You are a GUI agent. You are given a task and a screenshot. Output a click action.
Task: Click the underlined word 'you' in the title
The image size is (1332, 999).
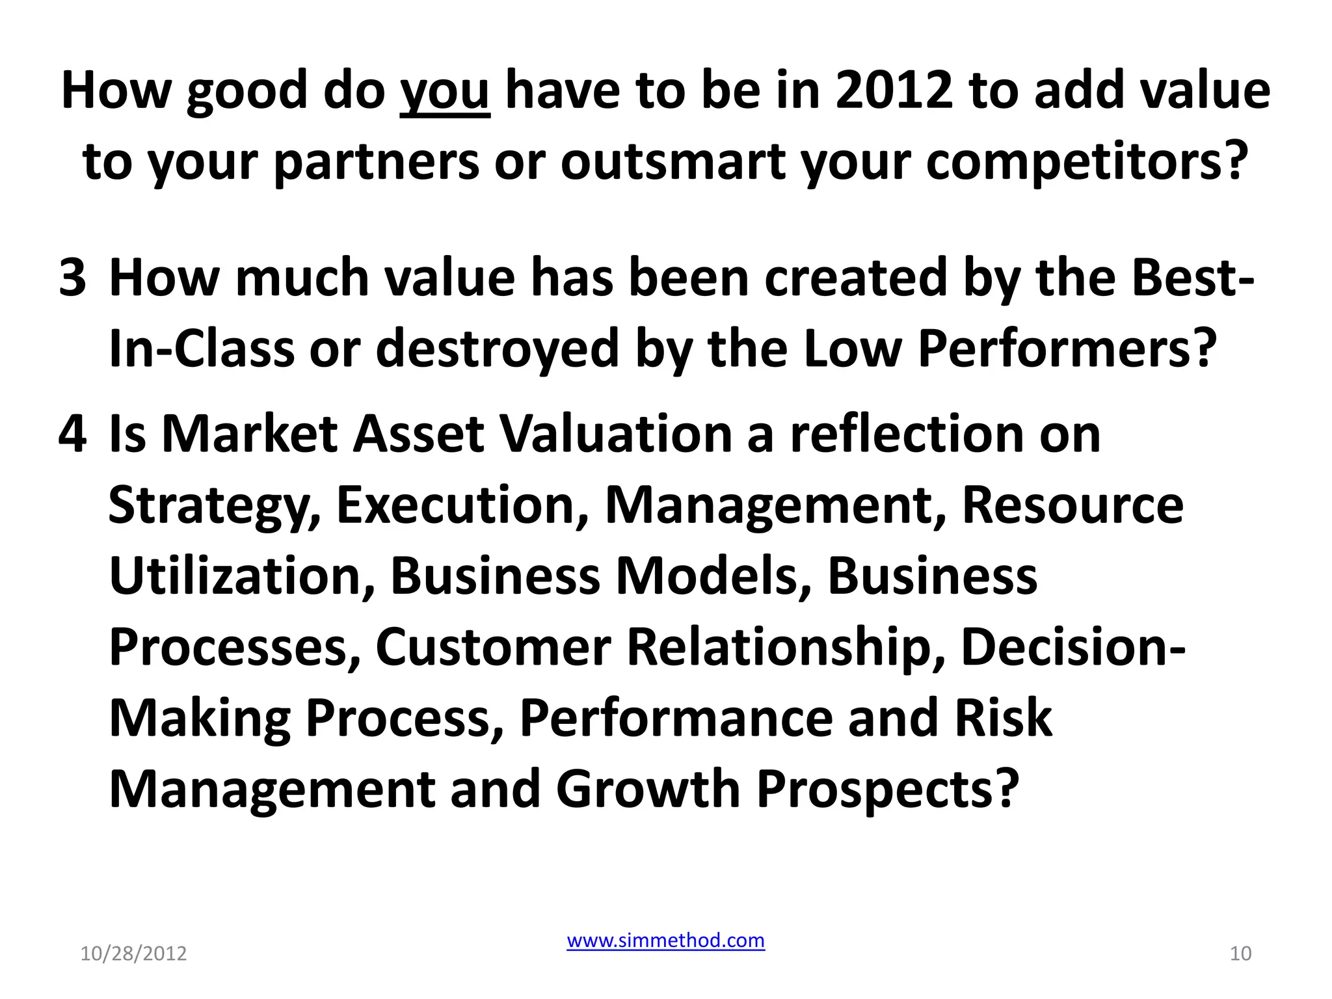(x=444, y=91)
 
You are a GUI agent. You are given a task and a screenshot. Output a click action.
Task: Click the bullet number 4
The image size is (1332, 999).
(x=72, y=434)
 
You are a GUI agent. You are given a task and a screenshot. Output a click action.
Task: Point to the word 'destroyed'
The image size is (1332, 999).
(x=497, y=349)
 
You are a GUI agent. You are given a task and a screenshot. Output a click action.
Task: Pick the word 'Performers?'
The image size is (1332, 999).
(x=1067, y=349)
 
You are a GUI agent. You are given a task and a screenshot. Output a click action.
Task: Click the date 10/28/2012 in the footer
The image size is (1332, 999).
(x=133, y=953)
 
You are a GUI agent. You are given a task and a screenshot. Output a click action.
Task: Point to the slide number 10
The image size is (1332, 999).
(x=1240, y=953)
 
